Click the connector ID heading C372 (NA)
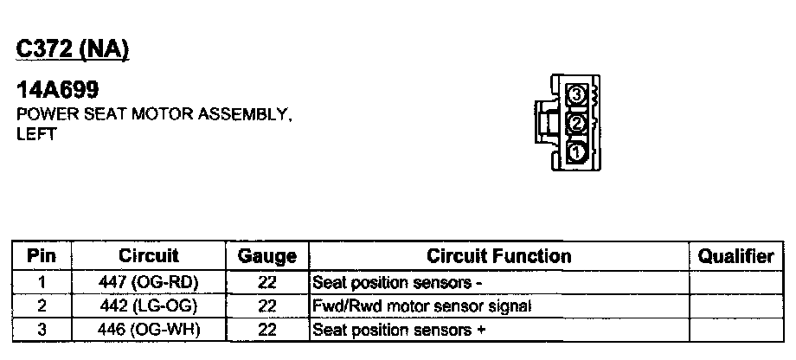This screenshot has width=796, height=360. click(x=73, y=50)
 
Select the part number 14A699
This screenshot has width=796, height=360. click(x=57, y=90)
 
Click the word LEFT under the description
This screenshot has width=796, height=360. click(x=36, y=135)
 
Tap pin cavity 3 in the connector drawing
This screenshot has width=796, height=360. click(x=577, y=94)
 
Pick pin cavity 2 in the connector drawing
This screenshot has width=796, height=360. click(x=577, y=124)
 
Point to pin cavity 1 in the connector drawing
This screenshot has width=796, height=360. click(x=577, y=153)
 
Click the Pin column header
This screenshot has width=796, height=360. click(x=42, y=256)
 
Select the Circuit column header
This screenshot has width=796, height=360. click(x=148, y=256)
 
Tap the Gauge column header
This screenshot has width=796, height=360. click(x=266, y=257)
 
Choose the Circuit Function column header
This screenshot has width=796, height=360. click(x=498, y=256)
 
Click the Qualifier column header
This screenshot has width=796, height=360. click(x=735, y=256)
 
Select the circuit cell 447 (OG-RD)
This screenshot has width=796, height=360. click(x=148, y=282)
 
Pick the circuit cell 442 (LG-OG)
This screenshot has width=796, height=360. click(x=148, y=305)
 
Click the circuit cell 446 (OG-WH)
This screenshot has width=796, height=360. click(x=148, y=330)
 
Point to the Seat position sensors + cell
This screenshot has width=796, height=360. click(x=399, y=330)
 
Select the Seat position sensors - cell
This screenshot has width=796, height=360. click(x=397, y=282)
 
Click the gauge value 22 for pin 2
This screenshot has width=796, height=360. click(x=266, y=305)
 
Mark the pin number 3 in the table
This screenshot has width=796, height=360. click(x=42, y=330)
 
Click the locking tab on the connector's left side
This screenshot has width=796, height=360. click(x=544, y=124)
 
